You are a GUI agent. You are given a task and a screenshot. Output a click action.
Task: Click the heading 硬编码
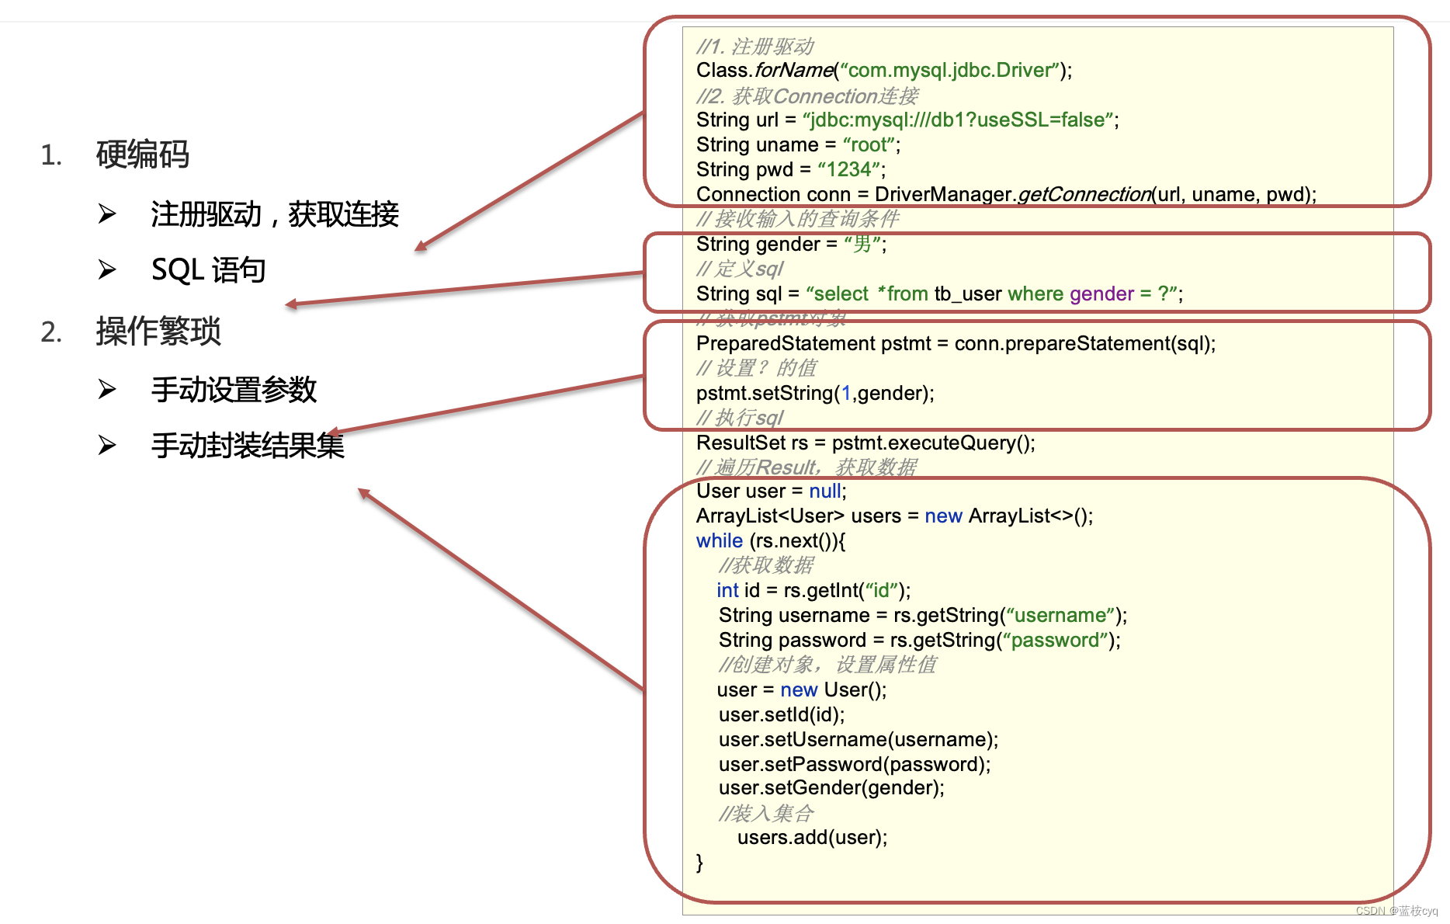click(143, 155)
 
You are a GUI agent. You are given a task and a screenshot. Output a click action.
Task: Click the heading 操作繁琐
click(158, 332)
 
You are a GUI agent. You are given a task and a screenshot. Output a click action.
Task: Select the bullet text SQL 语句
click(208, 270)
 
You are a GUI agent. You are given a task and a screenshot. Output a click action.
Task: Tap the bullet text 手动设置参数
click(234, 389)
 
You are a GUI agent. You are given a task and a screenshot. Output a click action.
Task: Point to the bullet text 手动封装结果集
click(248, 446)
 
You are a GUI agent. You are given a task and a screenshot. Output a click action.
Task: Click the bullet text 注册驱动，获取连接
click(275, 214)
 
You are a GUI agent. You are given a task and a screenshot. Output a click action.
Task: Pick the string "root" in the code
click(869, 144)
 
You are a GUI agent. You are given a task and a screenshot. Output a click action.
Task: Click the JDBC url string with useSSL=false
click(959, 120)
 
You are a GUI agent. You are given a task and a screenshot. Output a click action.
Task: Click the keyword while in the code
click(719, 540)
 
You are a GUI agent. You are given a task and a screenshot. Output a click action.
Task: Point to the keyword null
click(825, 491)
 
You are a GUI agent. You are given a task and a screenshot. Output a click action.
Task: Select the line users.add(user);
click(812, 837)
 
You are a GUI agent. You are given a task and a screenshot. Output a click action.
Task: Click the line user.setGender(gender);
click(831, 787)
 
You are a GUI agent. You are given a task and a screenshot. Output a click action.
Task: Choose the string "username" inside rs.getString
click(1060, 615)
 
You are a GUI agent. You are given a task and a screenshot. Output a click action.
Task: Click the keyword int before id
click(727, 590)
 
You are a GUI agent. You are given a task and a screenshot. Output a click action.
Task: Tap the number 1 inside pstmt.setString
click(846, 393)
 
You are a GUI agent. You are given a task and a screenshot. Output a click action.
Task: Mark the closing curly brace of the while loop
click(699, 862)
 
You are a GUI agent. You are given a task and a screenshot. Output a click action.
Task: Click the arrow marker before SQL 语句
click(107, 270)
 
